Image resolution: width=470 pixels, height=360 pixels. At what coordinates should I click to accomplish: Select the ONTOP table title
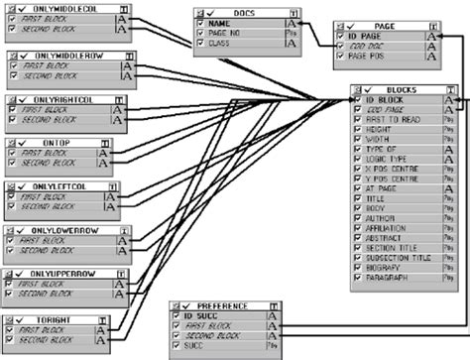tap(56, 144)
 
